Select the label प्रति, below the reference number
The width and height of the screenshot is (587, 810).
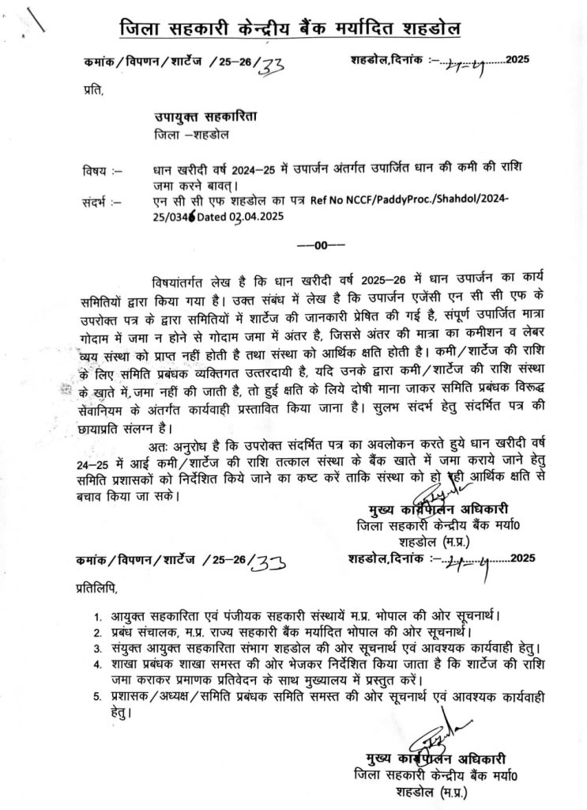point(92,92)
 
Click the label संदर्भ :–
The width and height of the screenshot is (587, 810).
point(99,202)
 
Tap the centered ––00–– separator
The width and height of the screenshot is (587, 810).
point(318,245)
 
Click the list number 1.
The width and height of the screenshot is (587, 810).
point(96,615)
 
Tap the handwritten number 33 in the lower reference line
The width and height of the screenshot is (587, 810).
point(268,559)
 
